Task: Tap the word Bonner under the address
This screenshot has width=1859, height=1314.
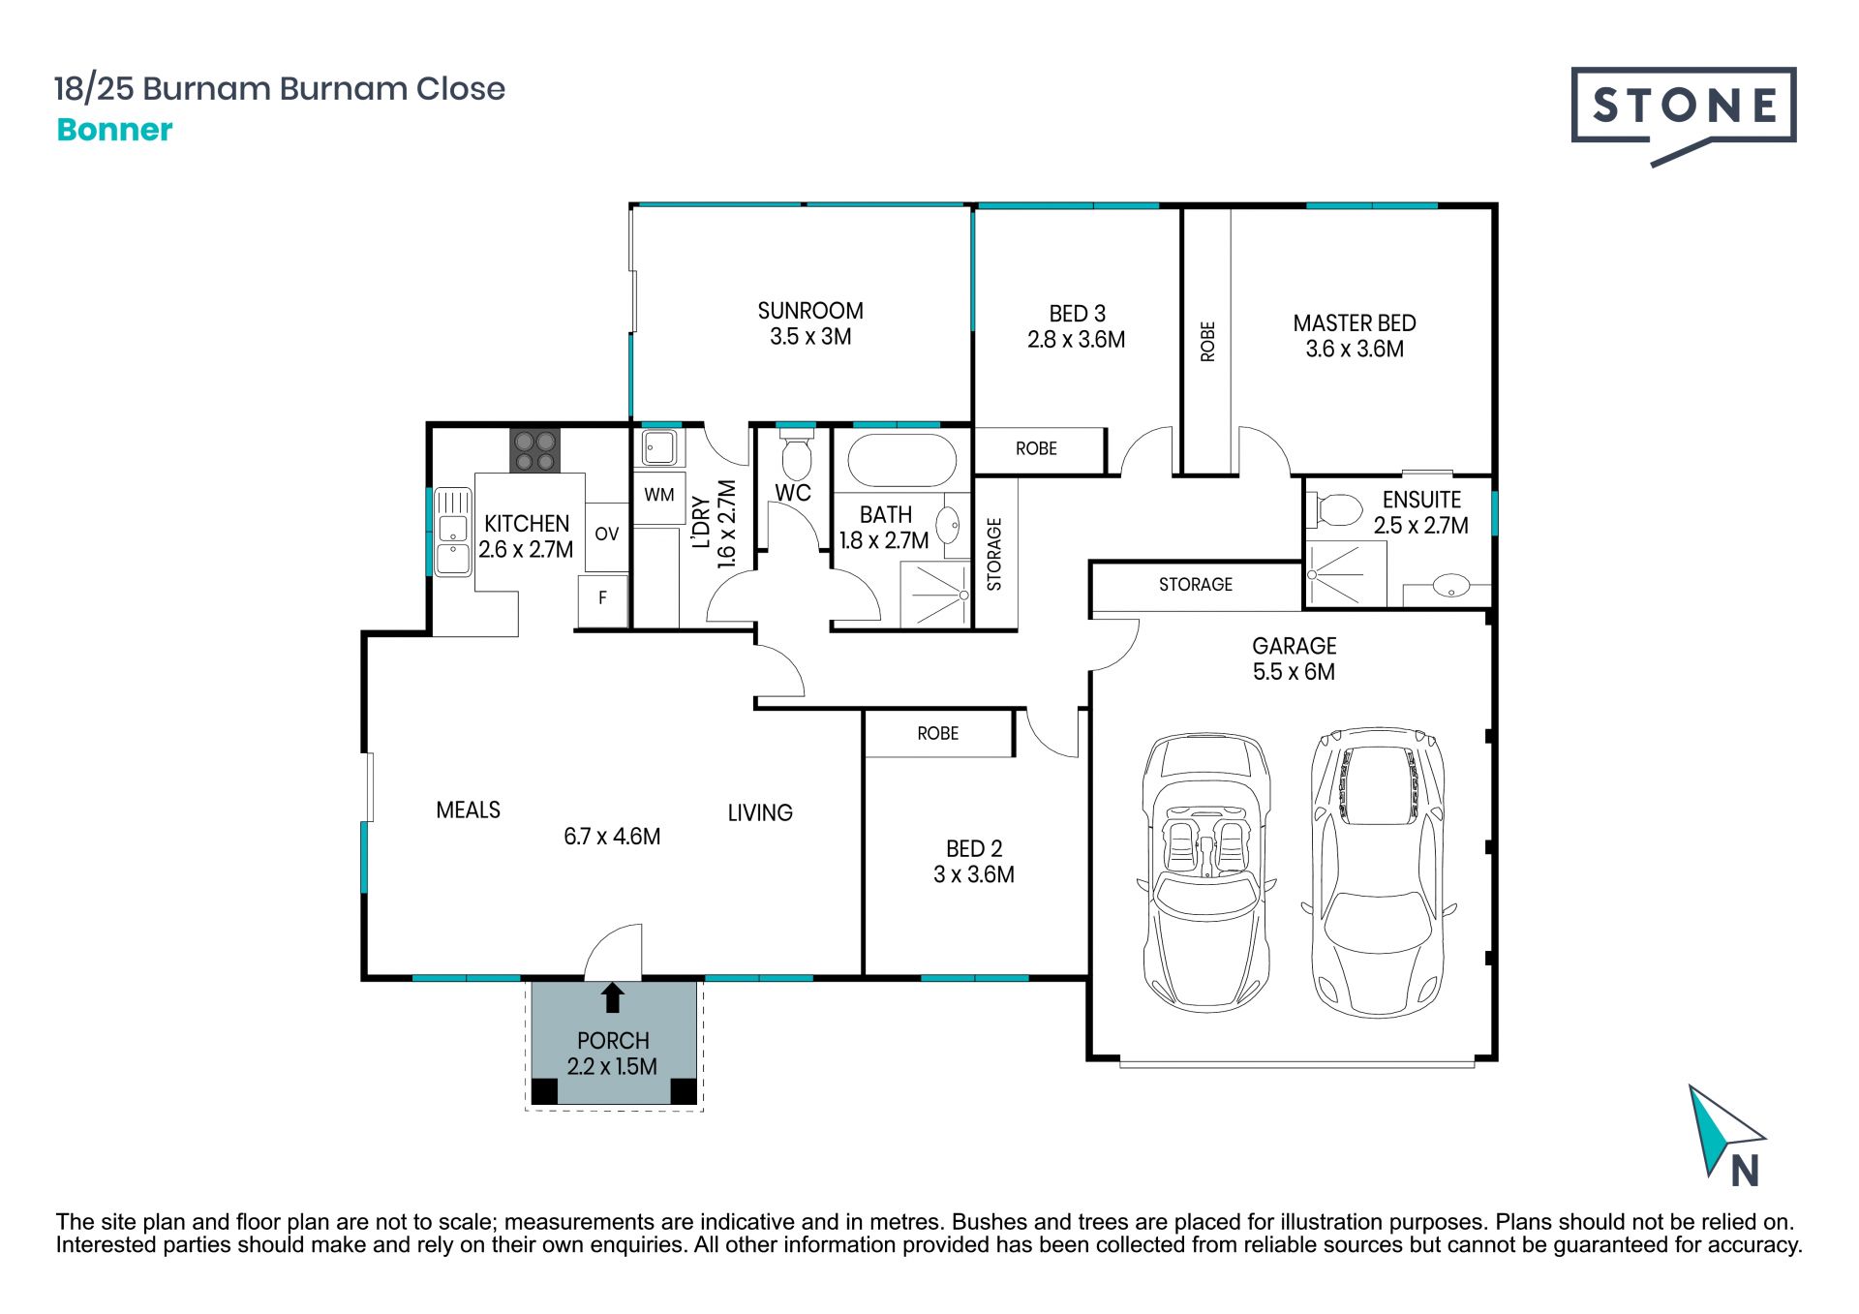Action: click(114, 130)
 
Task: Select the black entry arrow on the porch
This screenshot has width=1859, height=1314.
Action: click(612, 998)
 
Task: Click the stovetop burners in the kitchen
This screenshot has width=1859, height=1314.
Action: click(535, 450)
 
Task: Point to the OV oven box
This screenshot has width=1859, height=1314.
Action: click(607, 534)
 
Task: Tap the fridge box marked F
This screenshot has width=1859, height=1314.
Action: click(603, 599)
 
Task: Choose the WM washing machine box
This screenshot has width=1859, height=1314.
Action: click(659, 496)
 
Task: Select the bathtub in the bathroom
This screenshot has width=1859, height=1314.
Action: click(902, 459)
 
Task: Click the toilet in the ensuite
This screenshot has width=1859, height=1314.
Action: click(1336, 509)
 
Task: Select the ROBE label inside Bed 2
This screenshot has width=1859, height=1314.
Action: click(938, 734)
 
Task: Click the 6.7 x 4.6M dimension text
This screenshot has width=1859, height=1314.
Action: click(612, 837)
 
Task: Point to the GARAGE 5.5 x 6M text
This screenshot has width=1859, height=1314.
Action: click(1295, 658)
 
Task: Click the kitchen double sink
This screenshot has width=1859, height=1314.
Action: click(452, 532)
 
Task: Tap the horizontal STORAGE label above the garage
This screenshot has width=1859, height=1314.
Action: click(1196, 585)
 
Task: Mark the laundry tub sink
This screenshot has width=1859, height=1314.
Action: click(660, 448)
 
